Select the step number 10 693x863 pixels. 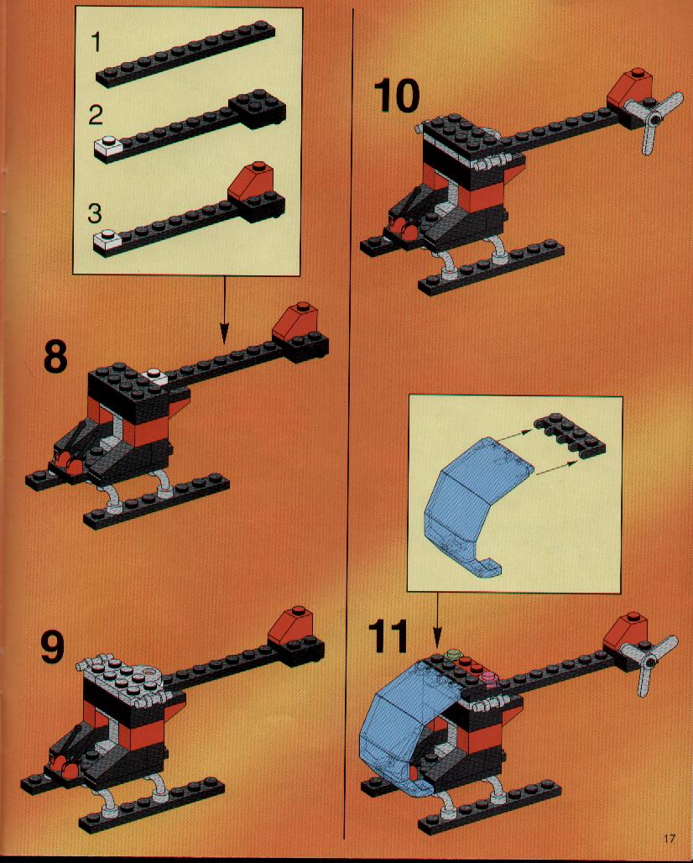click(396, 96)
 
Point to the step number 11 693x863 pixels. click(388, 636)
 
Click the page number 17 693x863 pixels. click(669, 838)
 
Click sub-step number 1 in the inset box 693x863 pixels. click(96, 42)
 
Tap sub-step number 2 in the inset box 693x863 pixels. click(96, 115)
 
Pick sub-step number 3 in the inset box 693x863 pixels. click(95, 213)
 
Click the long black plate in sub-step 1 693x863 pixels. click(185, 54)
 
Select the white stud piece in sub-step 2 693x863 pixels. click(108, 145)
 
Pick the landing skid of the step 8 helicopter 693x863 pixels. click(157, 502)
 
